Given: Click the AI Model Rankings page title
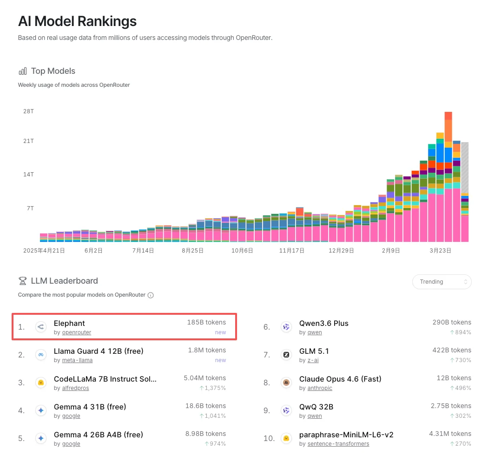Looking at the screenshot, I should point(77,21).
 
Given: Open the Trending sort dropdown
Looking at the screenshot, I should point(442,282).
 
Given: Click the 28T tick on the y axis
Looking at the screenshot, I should point(28,111).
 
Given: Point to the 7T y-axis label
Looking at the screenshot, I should point(29,208).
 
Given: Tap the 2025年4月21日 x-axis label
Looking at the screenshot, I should point(44,250).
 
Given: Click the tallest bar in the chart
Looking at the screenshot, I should point(448,176).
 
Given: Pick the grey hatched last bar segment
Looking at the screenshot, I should point(464,167).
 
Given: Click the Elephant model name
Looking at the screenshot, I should point(69,323).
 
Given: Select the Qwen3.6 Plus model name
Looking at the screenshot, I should point(323,323).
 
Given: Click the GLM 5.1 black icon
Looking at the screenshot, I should point(287,355).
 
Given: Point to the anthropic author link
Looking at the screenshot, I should point(316,388).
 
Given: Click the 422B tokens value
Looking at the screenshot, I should point(451,350).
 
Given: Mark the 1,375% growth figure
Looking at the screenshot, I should point(212,388).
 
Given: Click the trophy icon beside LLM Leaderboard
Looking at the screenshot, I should point(22,281).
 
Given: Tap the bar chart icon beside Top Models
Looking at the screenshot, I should point(22,71).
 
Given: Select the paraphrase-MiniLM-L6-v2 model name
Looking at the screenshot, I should point(346,435).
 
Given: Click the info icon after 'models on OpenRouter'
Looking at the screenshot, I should point(151,295).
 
